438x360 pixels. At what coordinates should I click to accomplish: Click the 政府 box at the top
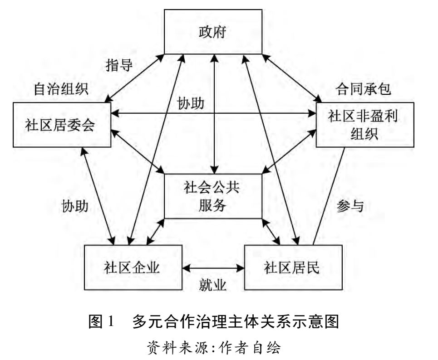click(x=212, y=33)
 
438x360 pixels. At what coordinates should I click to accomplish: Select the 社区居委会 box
click(x=62, y=125)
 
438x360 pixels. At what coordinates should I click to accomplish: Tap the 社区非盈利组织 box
click(x=364, y=125)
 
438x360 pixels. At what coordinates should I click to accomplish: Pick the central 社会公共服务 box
click(x=212, y=196)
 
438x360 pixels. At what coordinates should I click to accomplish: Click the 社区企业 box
click(x=133, y=268)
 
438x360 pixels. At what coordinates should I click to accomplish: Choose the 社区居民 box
click(x=293, y=268)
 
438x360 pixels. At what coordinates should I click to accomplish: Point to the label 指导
click(x=119, y=65)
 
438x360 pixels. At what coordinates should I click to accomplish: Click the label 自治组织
click(x=61, y=89)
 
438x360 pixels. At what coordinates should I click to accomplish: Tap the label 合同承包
click(x=364, y=89)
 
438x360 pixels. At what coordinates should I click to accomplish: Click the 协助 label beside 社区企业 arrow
click(x=75, y=206)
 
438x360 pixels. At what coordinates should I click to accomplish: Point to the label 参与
click(x=350, y=206)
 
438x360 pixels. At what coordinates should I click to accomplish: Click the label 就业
click(x=213, y=285)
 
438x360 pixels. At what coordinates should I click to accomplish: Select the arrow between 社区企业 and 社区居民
click(x=213, y=268)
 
